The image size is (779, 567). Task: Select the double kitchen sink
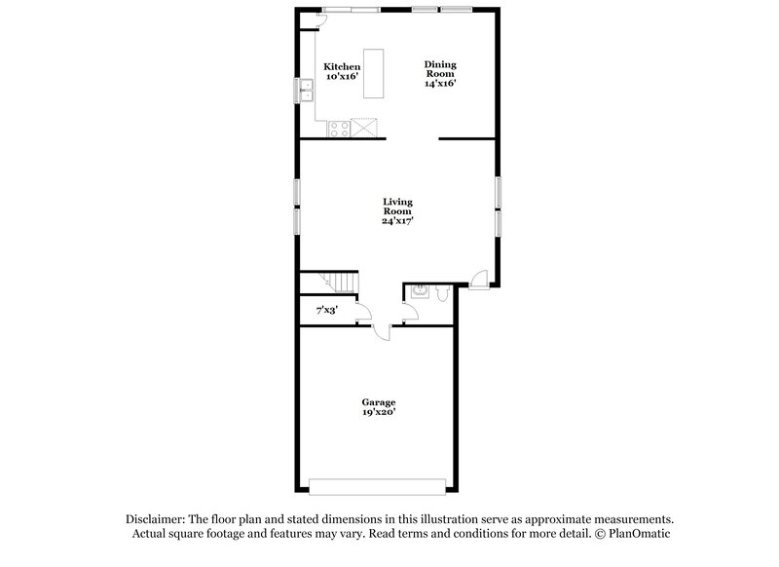(x=305, y=91)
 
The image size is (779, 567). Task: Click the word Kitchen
(x=342, y=67)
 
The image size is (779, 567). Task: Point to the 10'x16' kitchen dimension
(x=342, y=76)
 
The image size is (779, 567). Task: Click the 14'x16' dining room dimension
(x=440, y=83)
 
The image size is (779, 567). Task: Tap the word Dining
(x=440, y=65)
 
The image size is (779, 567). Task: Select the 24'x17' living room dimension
(x=396, y=220)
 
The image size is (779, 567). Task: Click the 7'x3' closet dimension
(x=326, y=310)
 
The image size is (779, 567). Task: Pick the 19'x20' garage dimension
(x=379, y=412)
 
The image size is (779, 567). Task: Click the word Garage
(x=379, y=401)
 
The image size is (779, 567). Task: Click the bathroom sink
(x=420, y=290)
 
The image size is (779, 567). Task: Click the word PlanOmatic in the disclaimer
(x=641, y=534)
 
